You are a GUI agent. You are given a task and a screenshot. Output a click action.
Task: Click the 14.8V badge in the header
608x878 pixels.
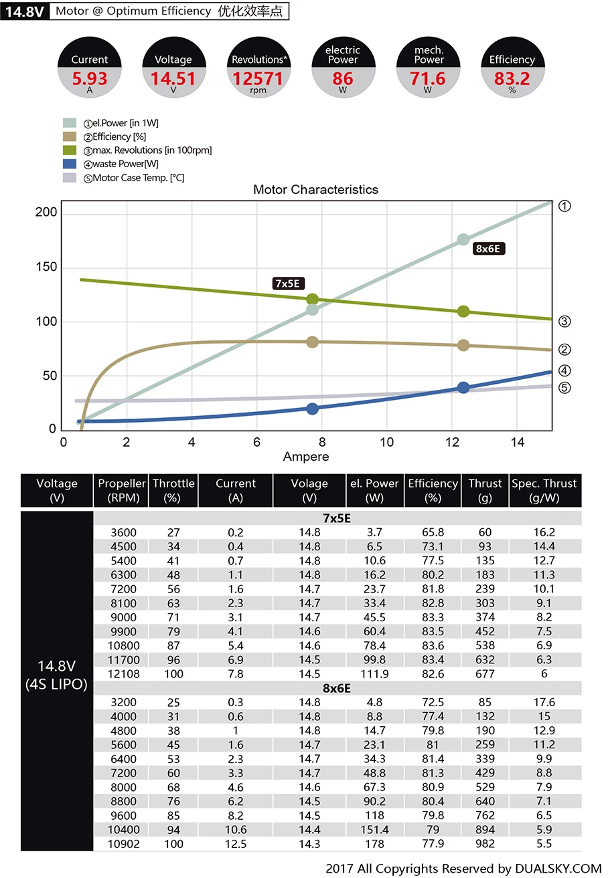(24, 11)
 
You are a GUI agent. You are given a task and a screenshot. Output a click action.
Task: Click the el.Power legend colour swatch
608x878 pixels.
(70, 123)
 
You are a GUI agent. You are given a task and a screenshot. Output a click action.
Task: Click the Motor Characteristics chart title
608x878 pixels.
(315, 190)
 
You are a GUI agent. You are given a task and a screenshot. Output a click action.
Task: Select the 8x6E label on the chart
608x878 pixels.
(489, 249)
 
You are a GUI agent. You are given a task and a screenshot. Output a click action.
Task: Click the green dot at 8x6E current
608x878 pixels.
(463, 312)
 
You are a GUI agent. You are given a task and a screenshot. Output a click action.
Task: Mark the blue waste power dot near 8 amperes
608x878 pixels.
(312, 409)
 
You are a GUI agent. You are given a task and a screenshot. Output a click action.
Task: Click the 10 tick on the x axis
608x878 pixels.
(387, 443)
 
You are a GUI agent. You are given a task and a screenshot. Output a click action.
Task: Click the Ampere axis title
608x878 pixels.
(306, 457)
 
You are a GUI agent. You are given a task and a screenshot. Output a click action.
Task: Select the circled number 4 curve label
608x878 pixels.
(564, 370)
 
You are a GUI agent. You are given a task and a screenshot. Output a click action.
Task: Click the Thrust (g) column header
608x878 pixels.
(485, 490)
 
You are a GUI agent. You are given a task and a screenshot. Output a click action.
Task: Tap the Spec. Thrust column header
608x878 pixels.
(544, 490)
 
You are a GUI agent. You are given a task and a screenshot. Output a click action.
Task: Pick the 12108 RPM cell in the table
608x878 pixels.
(123, 674)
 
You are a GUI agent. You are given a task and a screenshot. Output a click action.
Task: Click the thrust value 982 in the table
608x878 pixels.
(485, 844)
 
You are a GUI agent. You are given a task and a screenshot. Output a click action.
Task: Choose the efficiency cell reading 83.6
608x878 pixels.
(433, 646)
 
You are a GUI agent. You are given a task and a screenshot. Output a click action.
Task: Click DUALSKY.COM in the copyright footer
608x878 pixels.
(558, 869)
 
